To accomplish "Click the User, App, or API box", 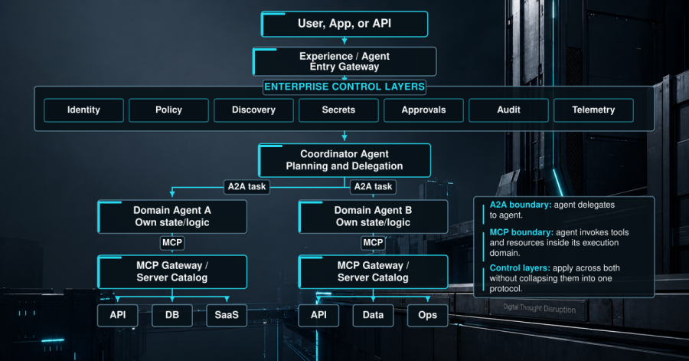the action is tap(344, 24).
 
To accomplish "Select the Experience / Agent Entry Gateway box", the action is tap(344, 61).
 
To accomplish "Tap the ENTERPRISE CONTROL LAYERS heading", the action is tap(344, 87).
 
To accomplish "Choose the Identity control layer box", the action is tap(83, 110).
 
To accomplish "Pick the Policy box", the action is tap(168, 110).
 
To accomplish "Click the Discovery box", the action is tap(253, 110).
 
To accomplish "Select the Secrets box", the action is tap(338, 110).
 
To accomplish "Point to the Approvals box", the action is tap(423, 110).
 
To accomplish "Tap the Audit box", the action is tap(508, 110).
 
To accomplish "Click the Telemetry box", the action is tap(593, 110).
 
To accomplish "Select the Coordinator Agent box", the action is tap(344, 160).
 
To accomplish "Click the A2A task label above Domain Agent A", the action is tap(247, 187).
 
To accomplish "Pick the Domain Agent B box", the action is tap(373, 216).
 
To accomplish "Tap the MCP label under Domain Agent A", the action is tap(172, 243).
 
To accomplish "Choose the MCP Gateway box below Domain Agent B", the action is tap(373, 272).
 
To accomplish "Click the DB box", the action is tap(172, 315).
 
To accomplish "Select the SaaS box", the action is tap(227, 315).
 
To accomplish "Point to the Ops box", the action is tap(427, 315).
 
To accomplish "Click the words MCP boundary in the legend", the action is tap(521, 232).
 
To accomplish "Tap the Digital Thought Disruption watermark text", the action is tap(540, 308).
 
